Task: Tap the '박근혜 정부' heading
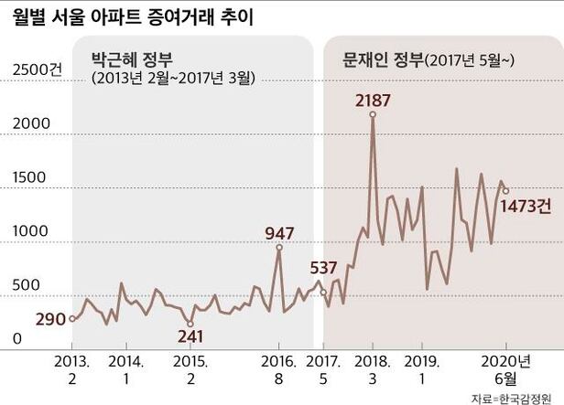(x=128, y=59)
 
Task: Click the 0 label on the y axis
(x=16, y=339)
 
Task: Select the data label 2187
(x=372, y=97)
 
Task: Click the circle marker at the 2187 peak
(x=373, y=114)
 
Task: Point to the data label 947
(x=279, y=232)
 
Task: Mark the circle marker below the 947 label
(x=279, y=248)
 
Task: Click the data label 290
(x=52, y=319)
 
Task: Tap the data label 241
(x=190, y=336)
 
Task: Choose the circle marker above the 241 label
(x=190, y=323)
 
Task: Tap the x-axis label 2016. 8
(x=279, y=368)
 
